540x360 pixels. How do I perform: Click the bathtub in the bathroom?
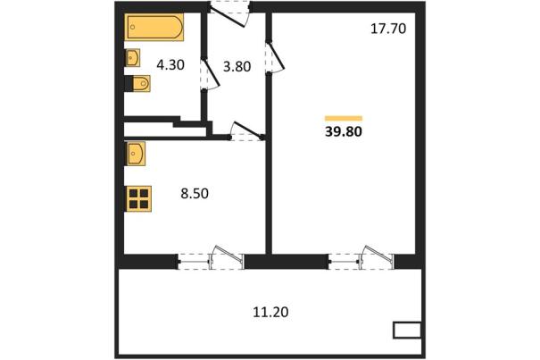154,27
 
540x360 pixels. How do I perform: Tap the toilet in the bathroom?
141,83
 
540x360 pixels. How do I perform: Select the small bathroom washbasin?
133,57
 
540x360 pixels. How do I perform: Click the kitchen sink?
136,154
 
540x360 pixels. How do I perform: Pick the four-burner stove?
139,198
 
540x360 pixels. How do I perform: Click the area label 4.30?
170,64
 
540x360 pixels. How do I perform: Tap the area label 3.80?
237,66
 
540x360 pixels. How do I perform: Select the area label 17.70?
388,29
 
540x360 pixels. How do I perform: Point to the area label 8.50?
195,194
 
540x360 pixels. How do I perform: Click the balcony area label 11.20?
270,312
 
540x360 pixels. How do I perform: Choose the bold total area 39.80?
344,131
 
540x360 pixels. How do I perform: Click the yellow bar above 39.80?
344,118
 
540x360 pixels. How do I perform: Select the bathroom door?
210,75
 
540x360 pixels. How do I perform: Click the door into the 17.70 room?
275,56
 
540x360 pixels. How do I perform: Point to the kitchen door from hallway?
247,131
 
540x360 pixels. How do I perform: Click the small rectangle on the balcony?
407,330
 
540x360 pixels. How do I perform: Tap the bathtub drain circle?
133,27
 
